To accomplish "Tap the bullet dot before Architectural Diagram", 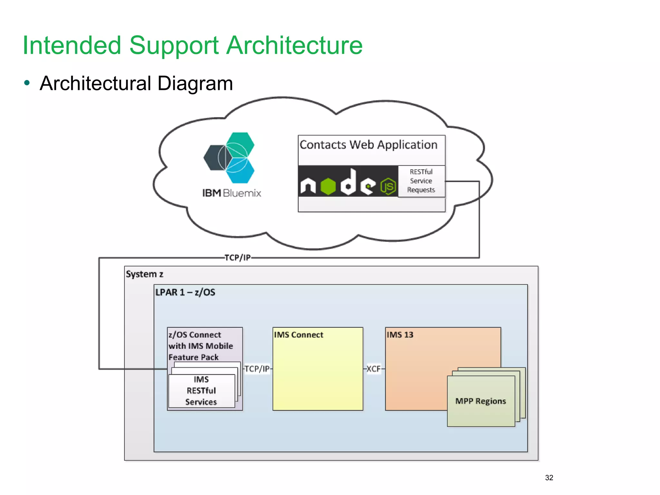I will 27,83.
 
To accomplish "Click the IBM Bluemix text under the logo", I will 231,193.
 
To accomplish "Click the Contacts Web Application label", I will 368,145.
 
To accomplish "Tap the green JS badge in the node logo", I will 388,186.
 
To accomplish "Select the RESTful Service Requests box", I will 421,181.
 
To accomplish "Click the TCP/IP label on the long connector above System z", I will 238,258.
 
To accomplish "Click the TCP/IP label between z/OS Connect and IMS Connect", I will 257,369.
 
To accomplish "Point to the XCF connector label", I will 374,369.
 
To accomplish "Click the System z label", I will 144,274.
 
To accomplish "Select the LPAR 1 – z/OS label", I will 185,292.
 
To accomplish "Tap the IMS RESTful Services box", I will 201,391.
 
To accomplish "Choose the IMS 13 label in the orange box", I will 400,335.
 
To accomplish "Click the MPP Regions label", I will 480,401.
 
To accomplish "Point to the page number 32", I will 549,478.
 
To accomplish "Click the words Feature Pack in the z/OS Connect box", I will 193,357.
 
